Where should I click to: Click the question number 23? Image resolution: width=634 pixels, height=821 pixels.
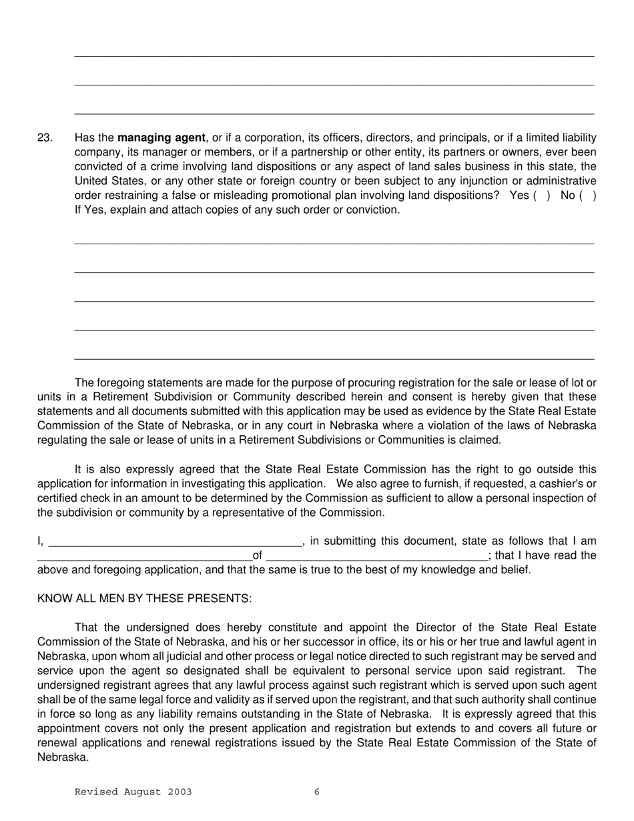click(45, 138)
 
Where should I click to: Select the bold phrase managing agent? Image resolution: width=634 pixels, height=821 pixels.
click(161, 138)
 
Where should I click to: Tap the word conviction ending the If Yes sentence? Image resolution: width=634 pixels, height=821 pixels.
click(376, 210)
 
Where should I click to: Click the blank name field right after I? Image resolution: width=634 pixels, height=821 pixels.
click(175, 542)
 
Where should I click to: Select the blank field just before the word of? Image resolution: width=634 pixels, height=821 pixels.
click(144, 556)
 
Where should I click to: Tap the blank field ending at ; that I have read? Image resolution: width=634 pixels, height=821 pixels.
click(376, 556)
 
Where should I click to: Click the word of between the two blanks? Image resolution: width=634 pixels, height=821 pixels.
click(258, 555)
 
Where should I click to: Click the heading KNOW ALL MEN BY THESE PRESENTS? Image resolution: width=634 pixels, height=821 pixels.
click(144, 599)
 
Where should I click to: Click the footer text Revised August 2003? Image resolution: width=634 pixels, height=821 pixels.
click(133, 792)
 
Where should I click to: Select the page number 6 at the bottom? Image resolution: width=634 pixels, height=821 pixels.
click(317, 792)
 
